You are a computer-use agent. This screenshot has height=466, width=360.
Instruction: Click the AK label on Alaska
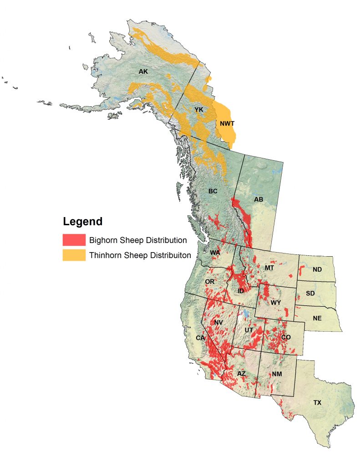pyautogui.click(x=143, y=72)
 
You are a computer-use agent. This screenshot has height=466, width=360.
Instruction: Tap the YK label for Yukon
pyautogui.click(x=198, y=110)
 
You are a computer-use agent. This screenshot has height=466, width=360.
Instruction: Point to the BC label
pyautogui.click(x=213, y=191)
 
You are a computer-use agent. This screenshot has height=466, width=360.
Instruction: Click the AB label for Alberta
pyautogui.click(x=259, y=199)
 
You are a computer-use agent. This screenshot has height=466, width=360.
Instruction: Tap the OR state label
pyautogui.click(x=209, y=282)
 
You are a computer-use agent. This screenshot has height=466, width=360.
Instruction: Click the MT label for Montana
pyautogui.click(x=270, y=268)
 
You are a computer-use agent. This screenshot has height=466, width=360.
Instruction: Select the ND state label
pyautogui.click(x=317, y=270)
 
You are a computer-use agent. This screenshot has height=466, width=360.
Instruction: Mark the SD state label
pyautogui.click(x=310, y=293)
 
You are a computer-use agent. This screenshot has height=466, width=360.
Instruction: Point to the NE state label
pyautogui.click(x=317, y=318)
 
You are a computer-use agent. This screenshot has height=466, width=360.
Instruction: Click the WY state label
pyautogui.click(x=276, y=303)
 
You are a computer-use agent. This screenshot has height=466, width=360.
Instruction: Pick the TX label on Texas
pyautogui.click(x=317, y=403)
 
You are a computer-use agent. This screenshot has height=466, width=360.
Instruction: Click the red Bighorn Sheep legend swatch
pyautogui.click(x=74, y=240)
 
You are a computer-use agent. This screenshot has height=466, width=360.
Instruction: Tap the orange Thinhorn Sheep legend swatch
pyautogui.click(x=74, y=255)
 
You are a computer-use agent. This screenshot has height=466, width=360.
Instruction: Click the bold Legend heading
pyautogui.click(x=82, y=222)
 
